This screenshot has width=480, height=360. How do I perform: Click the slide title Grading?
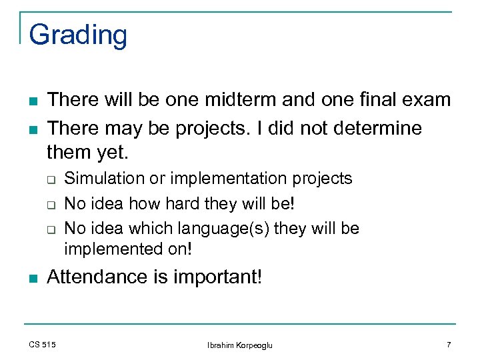pyautogui.click(x=78, y=35)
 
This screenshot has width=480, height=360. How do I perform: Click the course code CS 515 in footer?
pyautogui.click(x=43, y=344)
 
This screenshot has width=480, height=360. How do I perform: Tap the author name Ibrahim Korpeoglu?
pyautogui.click(x=240, y=345)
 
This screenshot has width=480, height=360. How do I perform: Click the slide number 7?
pyautogui.click(x=449, y=344)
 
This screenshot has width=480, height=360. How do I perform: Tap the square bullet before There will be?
pyautogui.click(x=32, y=101)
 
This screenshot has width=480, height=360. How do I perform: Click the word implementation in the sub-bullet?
pyautogui.click(x=230, y=179)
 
